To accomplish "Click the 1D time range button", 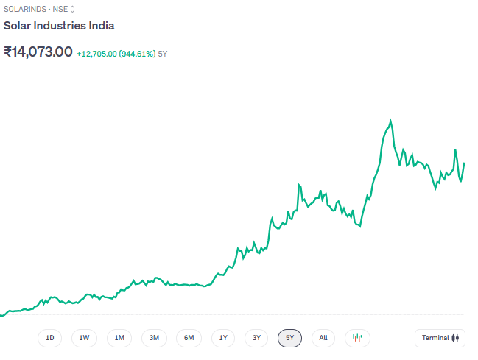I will (50, 338).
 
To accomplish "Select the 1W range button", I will (85, 338).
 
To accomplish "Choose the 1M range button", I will (119, 338).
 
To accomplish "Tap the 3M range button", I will (154, 338).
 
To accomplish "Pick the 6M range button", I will (189, 338).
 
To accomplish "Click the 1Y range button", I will (223, 338).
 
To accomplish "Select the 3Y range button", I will (256, 338).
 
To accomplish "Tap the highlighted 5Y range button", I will (290, 338).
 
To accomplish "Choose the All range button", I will (323, 338).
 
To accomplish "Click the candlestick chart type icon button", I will (357, 338).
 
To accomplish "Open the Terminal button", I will (440, 338).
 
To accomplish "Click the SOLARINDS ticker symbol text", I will (24, 9).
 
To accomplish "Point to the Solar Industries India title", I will (59, 26).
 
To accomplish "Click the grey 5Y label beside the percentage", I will (163, 54).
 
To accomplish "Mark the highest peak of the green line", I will (390, 120).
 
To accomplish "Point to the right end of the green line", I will (464, 163).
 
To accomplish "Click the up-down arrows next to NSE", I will (72, 9).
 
